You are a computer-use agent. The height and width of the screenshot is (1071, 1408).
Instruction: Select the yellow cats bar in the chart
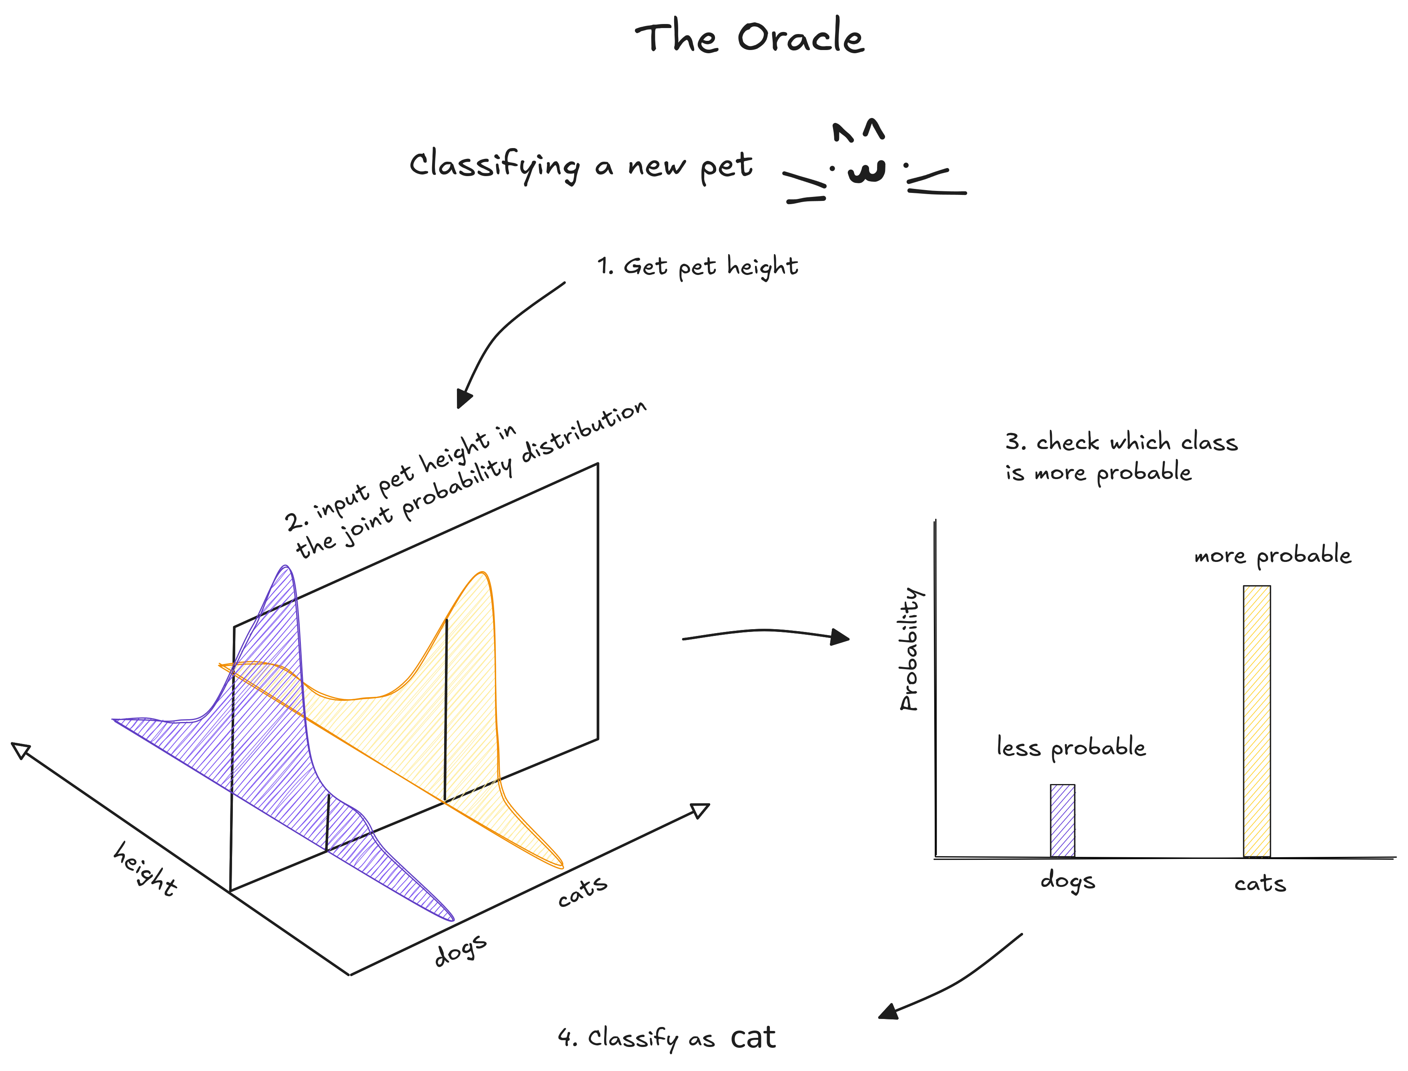(x=1257, y=722)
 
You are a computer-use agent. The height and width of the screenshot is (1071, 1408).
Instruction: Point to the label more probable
(x=1273, y=555)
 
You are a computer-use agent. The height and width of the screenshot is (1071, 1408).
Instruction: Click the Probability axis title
(x=909, y=649)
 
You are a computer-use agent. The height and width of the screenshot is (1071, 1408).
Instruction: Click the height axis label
(x=145, y=868)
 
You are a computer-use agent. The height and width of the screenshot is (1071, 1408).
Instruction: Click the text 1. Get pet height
(x=697, y=267)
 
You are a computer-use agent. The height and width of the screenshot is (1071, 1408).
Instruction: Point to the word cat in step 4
(x=753, y=1038)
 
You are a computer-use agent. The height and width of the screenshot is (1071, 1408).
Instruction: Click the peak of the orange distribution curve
(x=483, y=573)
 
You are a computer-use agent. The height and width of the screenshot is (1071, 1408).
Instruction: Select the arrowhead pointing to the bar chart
(x=840, y=637)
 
